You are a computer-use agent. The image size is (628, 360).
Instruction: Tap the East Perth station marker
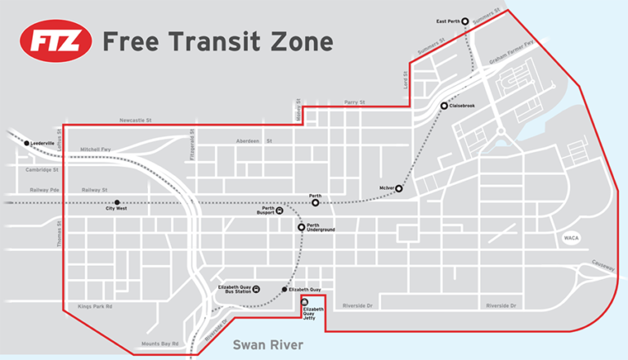[x=464, y=21]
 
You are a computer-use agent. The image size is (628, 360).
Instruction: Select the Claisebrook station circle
[x=444, y=106]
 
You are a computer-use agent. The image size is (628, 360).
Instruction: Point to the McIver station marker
[x=399, y=188]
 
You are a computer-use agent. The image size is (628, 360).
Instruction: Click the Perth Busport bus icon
[x=280, y=210]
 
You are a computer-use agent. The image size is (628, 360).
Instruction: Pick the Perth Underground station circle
[x=301, y=227]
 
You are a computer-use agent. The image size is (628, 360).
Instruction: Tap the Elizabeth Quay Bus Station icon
[x=257, y=289]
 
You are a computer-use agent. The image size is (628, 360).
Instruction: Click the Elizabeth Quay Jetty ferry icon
[x=305, y=302]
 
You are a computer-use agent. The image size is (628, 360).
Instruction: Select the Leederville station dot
[x=27, y=143]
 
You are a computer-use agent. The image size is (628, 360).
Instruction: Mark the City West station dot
[x=117, y=202]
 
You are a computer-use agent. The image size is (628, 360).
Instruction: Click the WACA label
[x=571, y=238]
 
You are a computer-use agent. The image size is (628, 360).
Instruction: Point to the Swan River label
[x=267, y=344]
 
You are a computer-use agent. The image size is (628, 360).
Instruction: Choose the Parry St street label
[x=352, y=102]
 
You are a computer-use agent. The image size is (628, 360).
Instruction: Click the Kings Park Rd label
[x=95, y=306]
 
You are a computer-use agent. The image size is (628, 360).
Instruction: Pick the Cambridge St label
[x=40, y=170]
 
